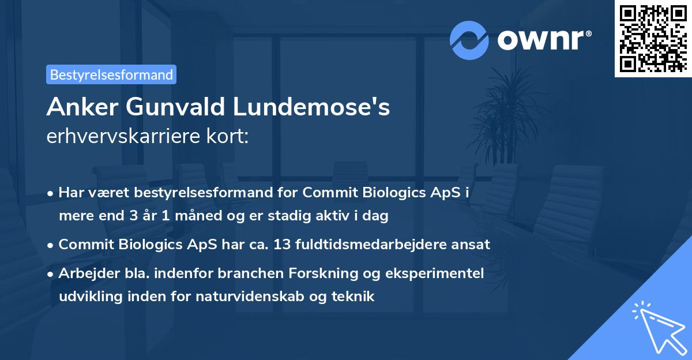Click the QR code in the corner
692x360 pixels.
click(x=653, y=38)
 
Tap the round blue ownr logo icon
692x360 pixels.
click(x=469, y=40)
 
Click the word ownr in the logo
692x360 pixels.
click(x=543, y=40)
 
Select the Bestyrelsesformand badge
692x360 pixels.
click(x=111, y=74)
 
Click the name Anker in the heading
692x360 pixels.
click(x=78, y=107)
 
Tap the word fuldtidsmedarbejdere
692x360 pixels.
click(x=374, y=245)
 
